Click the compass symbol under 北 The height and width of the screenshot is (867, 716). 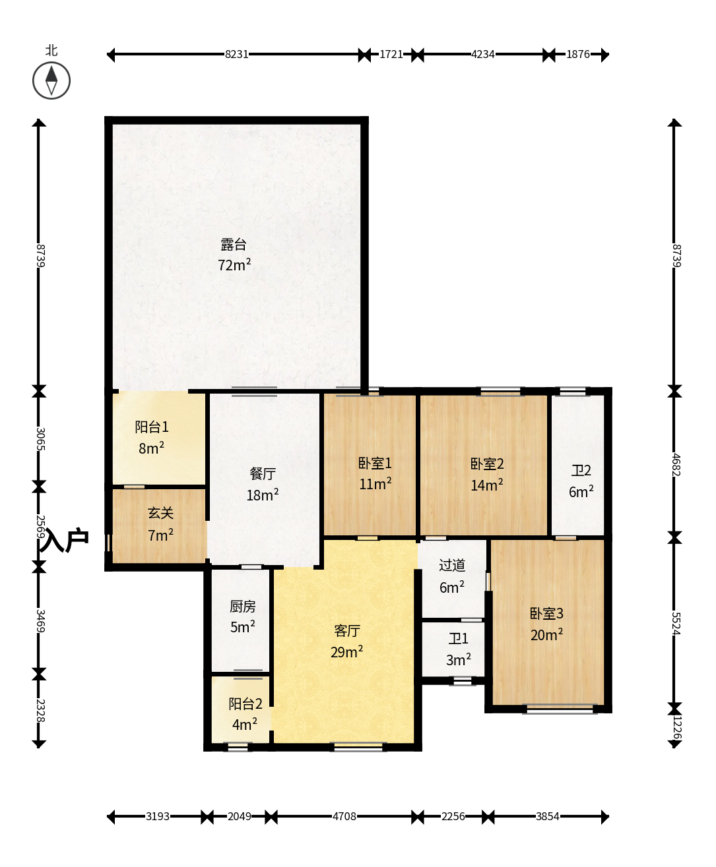(x=51, y=80)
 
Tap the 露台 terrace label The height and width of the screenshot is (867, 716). (x=234, y=245)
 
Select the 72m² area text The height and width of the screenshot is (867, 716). (x=234, y=264)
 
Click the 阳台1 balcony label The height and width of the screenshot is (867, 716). (x=152, y=427)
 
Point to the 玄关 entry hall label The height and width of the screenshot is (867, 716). (x=160, y=513)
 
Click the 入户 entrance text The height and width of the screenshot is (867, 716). (x=64, y=540)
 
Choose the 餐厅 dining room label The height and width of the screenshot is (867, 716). (x=263, y=473)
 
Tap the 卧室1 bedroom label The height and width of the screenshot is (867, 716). (x=375, y=463)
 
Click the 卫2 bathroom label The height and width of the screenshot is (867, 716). (x=581, y=471)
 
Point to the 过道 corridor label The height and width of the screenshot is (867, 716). (x=452, y=565)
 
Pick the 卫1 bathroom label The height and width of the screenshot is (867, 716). (x=459, y=639)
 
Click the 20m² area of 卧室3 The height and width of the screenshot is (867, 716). (x=547, y=635)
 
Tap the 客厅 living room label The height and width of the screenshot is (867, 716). (x=347, y=631)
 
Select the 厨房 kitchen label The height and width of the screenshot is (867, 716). (x=243, y=607)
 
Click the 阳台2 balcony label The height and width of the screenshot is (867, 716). (x=245, y=703)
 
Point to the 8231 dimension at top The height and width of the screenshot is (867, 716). (x=236, y=55)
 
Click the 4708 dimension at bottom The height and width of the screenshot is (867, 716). (x=344, y=816)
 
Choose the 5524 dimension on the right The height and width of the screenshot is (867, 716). (x=676, y=624)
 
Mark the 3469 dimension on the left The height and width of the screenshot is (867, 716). (x=40, y=621)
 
